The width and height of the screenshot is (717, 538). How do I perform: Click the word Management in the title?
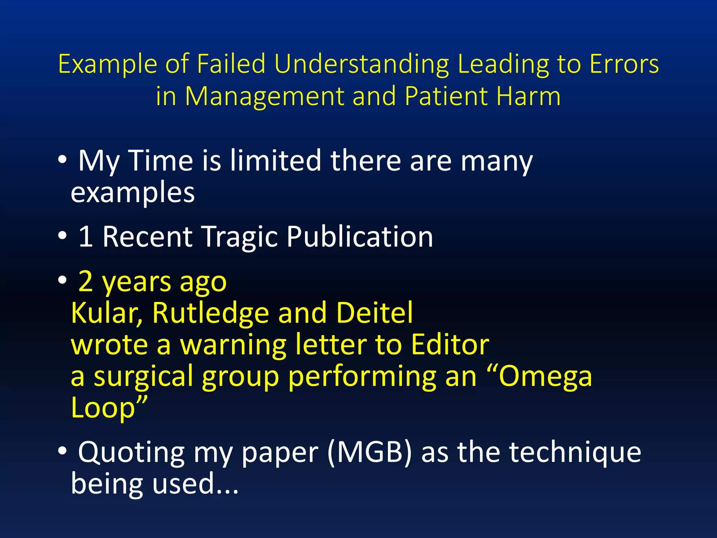point(264,96)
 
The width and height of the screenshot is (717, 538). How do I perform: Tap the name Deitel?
point(374,312)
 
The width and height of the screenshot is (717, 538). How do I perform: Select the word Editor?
point(450,345)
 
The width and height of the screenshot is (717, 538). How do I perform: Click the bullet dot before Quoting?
point(62,451)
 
